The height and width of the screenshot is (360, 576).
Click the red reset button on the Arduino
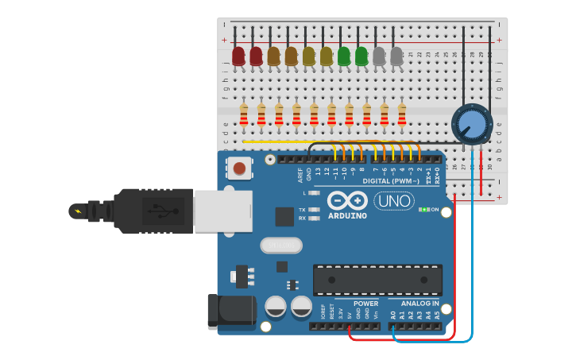238,168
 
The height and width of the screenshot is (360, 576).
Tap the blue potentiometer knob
472,124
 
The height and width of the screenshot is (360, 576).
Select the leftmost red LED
238,56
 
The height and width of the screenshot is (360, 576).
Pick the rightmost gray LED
396,56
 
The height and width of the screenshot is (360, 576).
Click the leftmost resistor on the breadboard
244,114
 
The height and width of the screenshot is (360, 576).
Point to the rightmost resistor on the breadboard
402,114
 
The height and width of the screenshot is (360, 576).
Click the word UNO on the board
394,201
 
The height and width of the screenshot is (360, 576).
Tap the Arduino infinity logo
347,201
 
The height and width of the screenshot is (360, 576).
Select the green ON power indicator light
424,210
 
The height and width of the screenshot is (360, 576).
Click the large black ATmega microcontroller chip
377,280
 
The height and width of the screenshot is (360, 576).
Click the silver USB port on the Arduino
223,211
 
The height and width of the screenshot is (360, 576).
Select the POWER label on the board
365,304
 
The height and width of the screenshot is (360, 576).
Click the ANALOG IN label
419,304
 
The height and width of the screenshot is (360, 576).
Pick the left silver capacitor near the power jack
276,306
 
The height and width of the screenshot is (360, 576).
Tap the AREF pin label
300,174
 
